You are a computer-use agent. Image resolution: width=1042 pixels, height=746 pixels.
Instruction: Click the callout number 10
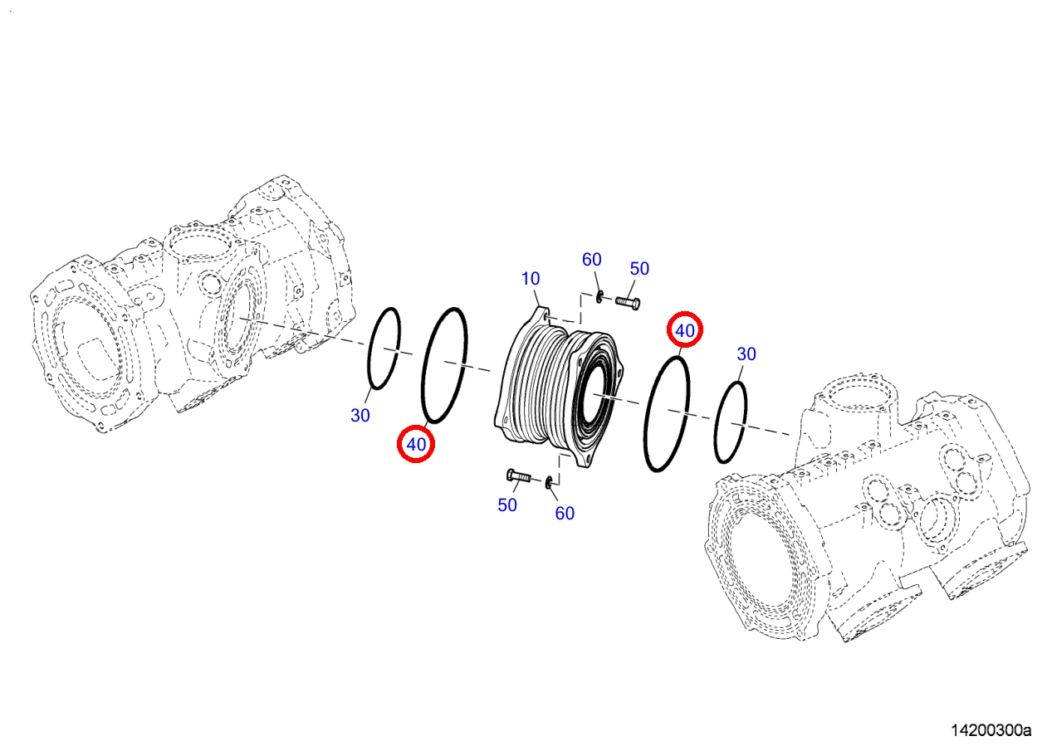click(x=531, y=279)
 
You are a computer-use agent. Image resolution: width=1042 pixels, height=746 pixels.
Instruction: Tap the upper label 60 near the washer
click(x=592, y=260)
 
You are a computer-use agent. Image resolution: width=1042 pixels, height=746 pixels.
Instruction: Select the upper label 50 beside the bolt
click(x=639, y=269)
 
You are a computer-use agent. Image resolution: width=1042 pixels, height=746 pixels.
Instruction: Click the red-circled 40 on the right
click(x=685, y=331)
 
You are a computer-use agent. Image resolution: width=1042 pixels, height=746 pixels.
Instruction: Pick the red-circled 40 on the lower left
click(x=416, y=444)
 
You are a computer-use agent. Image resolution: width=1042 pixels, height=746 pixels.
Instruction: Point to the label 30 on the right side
click(x=746, y=354)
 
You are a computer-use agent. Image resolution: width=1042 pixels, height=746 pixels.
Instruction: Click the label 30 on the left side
click(x=360, y=416)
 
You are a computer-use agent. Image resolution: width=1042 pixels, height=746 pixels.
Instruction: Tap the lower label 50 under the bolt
click(x=507, y=505)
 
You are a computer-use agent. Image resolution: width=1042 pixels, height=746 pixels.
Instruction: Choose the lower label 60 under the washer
click(x=565, y=514)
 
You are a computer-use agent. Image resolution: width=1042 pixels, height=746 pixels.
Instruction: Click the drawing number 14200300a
click(x=991, y=730)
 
